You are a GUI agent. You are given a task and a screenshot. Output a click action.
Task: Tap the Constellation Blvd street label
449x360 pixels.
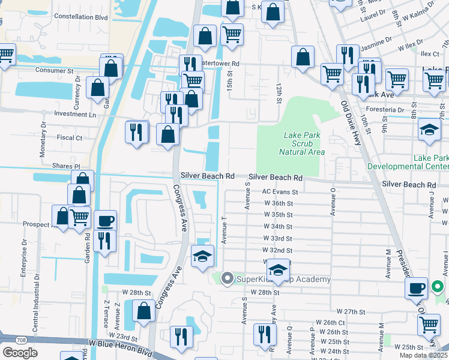point(80,17)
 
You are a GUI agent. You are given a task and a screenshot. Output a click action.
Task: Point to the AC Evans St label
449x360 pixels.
point(280,192)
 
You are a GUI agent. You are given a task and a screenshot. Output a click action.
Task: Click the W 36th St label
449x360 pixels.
point(278,203)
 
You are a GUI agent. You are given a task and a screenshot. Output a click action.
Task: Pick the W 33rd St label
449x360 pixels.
point(278,238)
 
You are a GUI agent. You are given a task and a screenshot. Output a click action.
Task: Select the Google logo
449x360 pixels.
point(20,353)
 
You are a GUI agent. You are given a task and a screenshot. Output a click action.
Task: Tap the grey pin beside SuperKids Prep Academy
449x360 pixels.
point(227,278)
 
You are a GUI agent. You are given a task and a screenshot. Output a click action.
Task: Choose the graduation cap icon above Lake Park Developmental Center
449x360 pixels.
point(429,130)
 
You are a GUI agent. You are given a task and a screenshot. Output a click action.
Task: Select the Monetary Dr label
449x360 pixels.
point(43,140)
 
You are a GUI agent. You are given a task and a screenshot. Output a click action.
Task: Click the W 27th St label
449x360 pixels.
point(351,311)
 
